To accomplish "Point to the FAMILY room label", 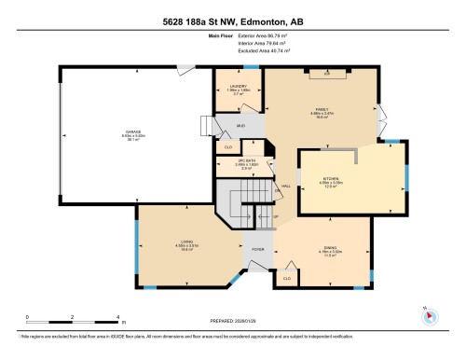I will (322, 110).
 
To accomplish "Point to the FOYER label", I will (257, 249).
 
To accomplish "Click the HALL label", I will (286, 186).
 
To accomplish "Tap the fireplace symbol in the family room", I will (326, 72).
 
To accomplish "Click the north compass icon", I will (429, 314).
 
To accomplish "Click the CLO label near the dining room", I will (286, 277).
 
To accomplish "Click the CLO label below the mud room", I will (226, 146).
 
